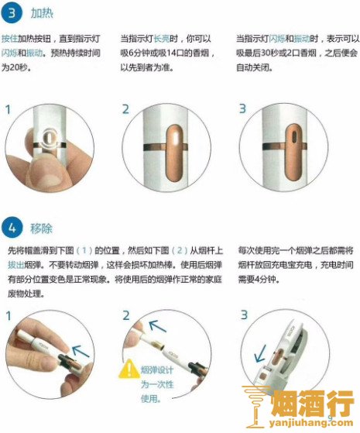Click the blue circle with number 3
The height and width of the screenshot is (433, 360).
[12, 12]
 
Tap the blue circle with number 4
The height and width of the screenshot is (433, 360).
[12, 228]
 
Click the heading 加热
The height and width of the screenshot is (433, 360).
[41, 13]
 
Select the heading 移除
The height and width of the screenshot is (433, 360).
[41, 229]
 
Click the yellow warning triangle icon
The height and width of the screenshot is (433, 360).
[129, 369]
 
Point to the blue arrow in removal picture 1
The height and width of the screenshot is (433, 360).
[81, 351]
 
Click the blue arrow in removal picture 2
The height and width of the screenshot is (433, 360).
[157, 326]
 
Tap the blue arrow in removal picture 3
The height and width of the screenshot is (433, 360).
[260, 353]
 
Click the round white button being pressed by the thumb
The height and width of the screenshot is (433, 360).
[50, 138]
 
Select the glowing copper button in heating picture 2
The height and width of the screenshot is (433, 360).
[175, 153]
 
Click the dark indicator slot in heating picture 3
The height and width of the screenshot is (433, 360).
[293, 136]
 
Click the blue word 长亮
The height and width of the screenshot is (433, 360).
[162, 39]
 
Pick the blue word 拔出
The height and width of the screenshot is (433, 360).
[16, 265]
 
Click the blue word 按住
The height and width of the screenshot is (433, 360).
[9, 39]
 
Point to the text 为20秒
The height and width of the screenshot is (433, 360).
[15, 67]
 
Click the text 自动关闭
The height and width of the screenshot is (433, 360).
[254, 67]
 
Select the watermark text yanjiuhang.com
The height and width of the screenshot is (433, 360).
[310, 423]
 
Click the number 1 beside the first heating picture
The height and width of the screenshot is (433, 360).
[8, 110]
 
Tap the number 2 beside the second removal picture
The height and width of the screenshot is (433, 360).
[126, 315]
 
